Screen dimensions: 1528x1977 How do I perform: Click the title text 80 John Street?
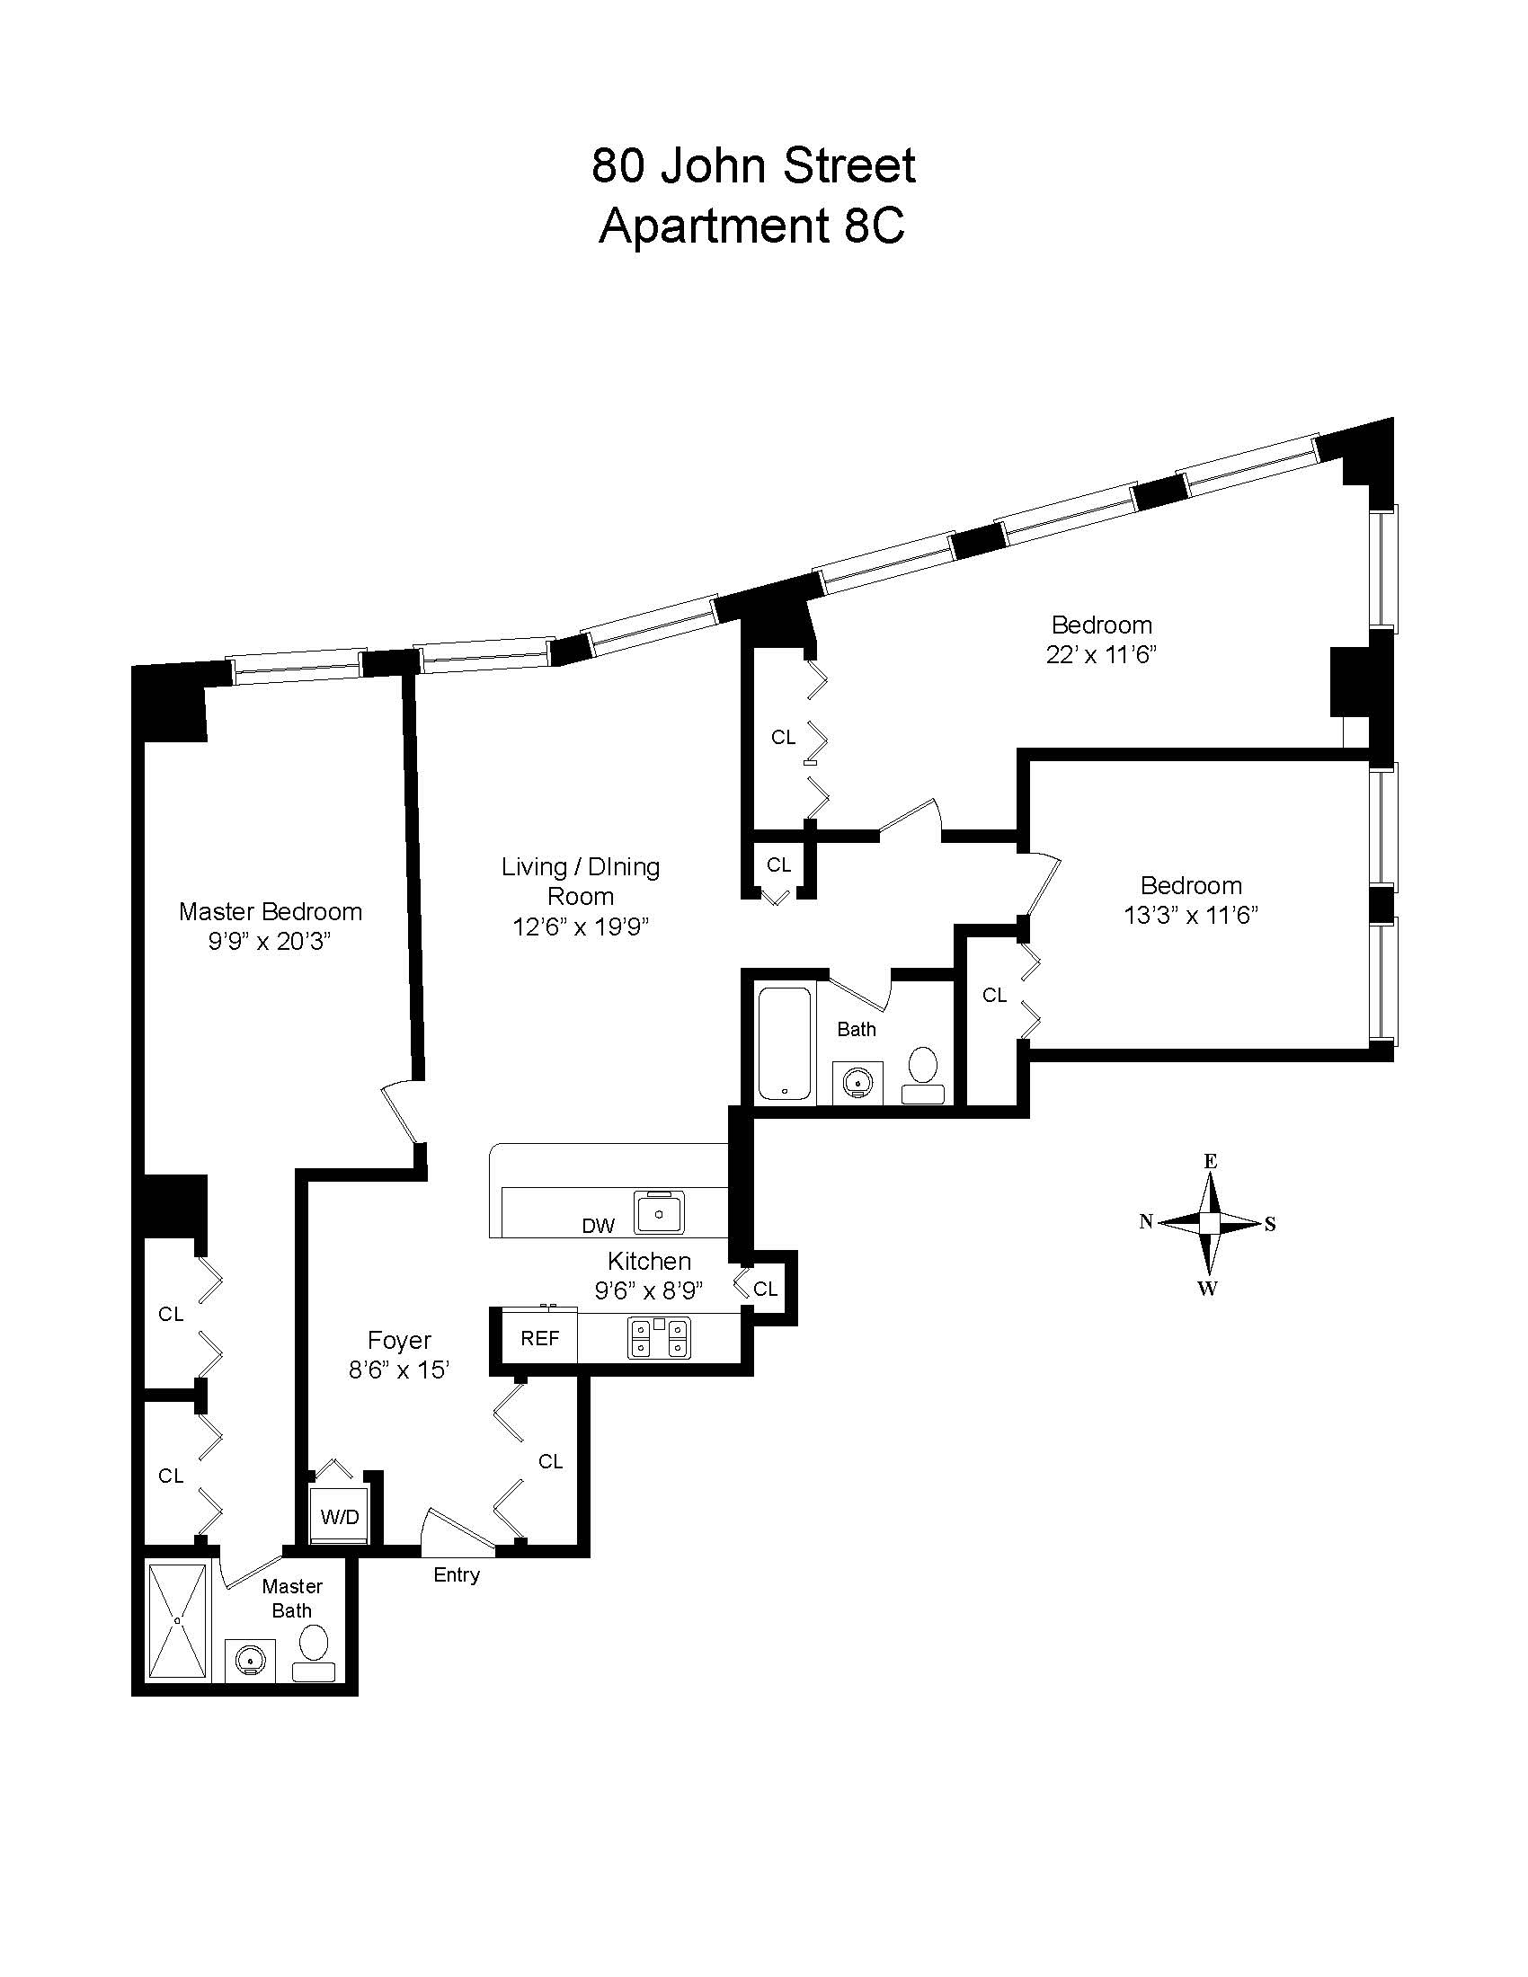[x=753, y=165]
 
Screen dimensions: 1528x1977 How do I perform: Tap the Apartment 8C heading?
[x=751, y=226]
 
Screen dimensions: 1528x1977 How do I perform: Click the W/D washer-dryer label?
[x=340, y=1516]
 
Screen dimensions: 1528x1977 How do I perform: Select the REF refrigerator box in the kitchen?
[x=539, y=1338]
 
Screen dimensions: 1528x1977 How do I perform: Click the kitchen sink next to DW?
[x=660, y=1212]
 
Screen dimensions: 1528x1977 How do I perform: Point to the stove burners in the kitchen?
[x=659, y=1337]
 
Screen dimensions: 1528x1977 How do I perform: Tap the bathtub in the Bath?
[x=785, y=1043]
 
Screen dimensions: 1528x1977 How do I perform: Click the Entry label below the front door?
[x=457, y=1575]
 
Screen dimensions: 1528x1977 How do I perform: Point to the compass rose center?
[x=1209, y=1223]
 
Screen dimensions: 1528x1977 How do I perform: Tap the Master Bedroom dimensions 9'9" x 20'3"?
[x=270, y=942]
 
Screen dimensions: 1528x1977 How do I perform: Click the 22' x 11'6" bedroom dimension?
[x=1102, y=654]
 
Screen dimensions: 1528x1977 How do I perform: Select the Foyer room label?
[x=399, y=1340]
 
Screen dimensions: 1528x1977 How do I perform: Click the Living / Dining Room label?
[x=581, y=882]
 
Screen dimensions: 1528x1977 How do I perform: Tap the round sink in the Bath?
[x=857, y=1080]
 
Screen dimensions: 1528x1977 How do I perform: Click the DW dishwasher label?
[x=599, y=1226]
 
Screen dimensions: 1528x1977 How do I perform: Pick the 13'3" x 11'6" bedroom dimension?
[x=1191, y=915]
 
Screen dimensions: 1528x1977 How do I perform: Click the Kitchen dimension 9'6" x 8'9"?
[x=649, y=1290]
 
